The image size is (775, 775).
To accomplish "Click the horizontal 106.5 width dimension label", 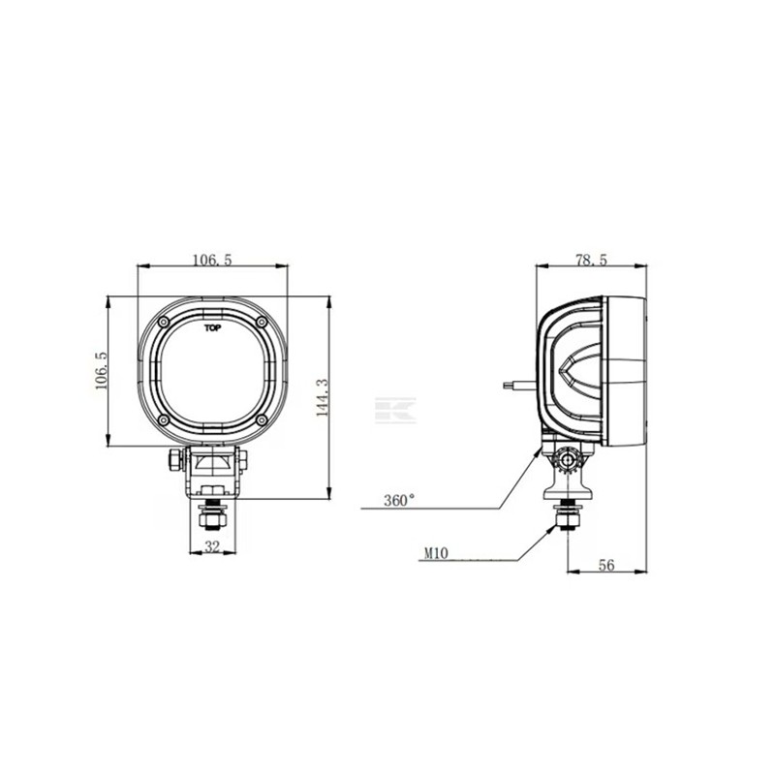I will pyautogui.click(x=212, y=260).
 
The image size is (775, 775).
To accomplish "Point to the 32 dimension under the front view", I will pyautogui.click(x=212, y=547).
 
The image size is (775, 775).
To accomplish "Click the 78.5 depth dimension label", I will pyautogui.click(x=591, y=260).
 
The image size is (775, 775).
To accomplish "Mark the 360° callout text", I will pyautogui.click(x=398, y=501).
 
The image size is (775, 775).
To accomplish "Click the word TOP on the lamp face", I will pyautogui.click(x=212, y=328).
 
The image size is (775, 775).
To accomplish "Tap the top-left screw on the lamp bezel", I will pyautogui.click(x=164, y=322).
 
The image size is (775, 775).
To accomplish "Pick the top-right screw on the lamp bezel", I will pyautogui.click(x=261, y=322).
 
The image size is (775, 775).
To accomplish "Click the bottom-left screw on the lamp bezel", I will pyautogui.click(x=164, y=419).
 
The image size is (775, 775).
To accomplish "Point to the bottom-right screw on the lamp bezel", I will pyautogui.click(x=261, y=419).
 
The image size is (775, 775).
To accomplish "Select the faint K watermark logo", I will pyautogui.click(x=394, y=409).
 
